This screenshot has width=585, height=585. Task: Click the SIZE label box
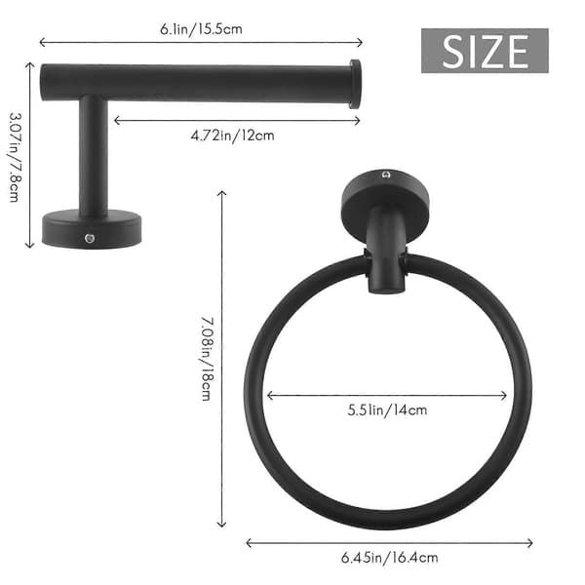coord(485,51)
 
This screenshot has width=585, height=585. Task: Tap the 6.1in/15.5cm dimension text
coord(201,28)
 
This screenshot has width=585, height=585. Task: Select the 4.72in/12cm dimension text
coord(232,136)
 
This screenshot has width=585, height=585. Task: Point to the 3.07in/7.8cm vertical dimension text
coord(15,157)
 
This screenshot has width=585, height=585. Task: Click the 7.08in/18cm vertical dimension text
coord(208,359)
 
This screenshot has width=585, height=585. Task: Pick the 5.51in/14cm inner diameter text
coord(387,409)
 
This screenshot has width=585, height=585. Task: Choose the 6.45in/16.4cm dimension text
coord(389,558)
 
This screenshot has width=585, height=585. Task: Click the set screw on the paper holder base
coord(90,238)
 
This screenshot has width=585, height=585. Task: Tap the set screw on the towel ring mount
coord(386,175)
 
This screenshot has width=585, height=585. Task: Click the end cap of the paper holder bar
coord(355,84)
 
